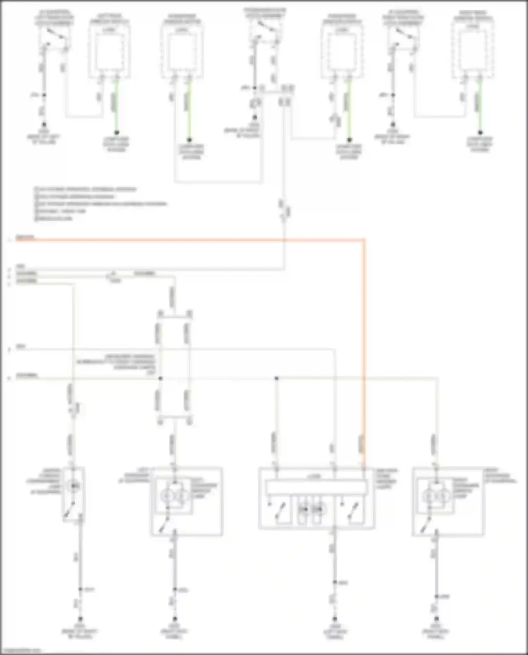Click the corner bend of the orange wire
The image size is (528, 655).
tap(364, 240)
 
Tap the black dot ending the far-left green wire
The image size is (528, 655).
tap(117, 132)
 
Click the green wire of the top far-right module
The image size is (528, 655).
tap(479, 106)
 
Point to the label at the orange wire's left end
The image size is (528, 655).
tap(25, 238)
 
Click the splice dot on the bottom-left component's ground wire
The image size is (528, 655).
tap(80, 589)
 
